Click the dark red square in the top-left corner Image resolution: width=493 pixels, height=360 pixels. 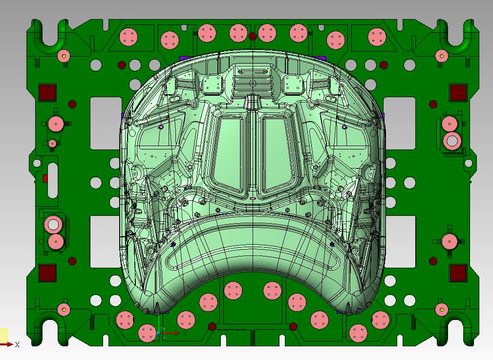pyautogui.click(x=47, y=92)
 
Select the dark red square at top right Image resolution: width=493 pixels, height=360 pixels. pyautogui.click(x=458, y=92)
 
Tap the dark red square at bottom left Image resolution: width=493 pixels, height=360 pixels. pyautogui.click(x=47, y=273)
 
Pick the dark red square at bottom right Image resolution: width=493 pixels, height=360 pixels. pyautogui.click(x=458, y=273)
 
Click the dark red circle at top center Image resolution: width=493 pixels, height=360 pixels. pyautogui.click(x=253, y=36)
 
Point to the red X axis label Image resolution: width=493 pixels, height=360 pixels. pyautogui.click(x=17, y=344)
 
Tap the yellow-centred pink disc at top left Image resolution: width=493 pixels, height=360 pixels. pyautogui.click(x=63, y=56)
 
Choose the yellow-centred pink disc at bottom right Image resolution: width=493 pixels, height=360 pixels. pyautogui.click(x=442, y=309)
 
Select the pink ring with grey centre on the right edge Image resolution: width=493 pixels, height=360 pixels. pyautogui.click(x=452, y=141)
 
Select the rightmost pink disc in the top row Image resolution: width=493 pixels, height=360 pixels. pyautogui.click(x=377, y=36)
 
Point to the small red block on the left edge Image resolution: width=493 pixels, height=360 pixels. pyautogui.click(x=45, y=178)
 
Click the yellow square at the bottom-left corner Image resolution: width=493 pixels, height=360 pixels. pyautogui.click(x=3, y=335)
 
